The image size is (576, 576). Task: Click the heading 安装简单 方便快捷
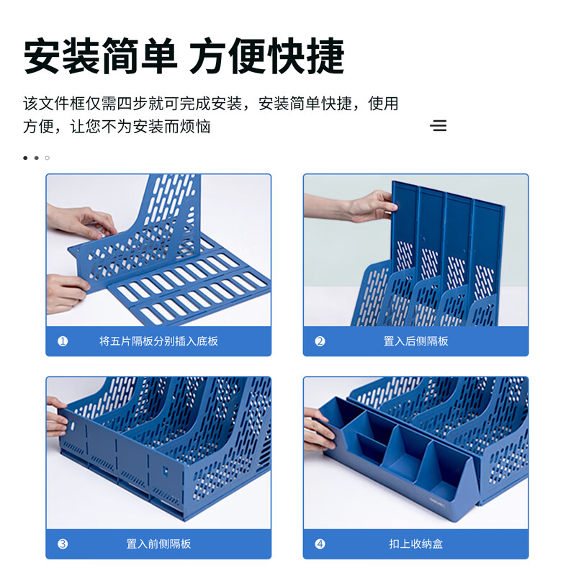coord(184,56)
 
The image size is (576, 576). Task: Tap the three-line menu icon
coord(438,125)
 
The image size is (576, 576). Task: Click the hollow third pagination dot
coord(47,158)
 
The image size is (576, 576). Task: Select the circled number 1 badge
coord(63,341)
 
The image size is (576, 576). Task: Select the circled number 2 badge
coord(320,341)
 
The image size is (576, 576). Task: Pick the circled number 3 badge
coord(63,544)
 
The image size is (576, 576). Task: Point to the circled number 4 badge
coord(320,544)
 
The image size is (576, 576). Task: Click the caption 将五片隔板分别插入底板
coord(158,341)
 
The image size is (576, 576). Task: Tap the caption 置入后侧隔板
coord(415,341)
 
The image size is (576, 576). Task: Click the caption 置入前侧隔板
coord(158,544)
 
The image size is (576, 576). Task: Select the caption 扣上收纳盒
coord(415,544)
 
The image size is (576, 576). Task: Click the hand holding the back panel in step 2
coord(371,207)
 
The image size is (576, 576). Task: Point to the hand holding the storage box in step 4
coord(318,430)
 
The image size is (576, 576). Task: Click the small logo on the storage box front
coord(437,500)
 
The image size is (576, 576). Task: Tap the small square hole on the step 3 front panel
coord(166,471)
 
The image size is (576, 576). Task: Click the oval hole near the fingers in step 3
coord(73,426)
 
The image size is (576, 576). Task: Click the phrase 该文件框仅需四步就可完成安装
coord(132,104)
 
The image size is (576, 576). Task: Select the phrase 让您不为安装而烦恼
coord(140,127)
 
